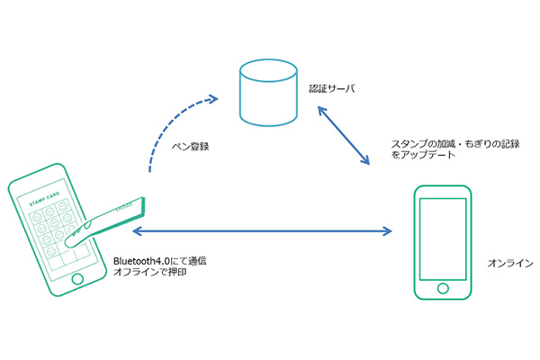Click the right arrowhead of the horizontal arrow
388,232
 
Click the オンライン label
508,262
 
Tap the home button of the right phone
441,287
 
